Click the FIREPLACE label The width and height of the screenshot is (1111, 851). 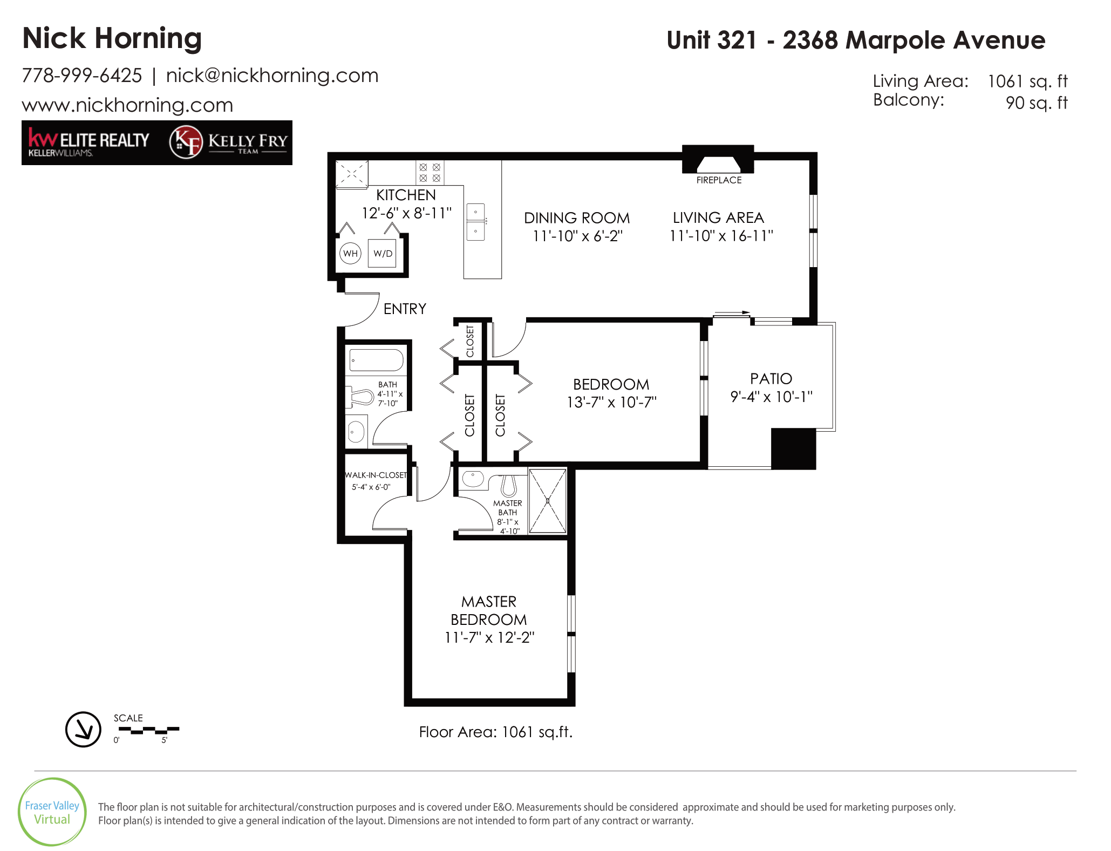coord(719,180)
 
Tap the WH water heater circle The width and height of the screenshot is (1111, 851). coord(350,253)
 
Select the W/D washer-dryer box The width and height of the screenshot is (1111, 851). coord(382,253)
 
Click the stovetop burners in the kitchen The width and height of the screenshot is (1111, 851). coord(430,173)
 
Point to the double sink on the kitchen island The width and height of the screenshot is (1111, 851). coord(475,222)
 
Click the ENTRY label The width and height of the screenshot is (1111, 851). coord(405,309)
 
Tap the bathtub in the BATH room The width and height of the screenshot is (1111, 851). coord(377,360)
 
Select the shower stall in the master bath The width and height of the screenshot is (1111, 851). coord(547,501)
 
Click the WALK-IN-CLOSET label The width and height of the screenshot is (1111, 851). coord(376,475)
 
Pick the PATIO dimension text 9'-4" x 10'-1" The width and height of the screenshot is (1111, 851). coord(771,397)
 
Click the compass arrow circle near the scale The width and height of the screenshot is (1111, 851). coord(83,729)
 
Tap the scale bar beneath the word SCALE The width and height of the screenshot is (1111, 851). coord(149,730)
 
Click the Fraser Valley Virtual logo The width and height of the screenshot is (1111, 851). coord(52,812)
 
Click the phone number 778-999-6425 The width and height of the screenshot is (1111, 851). coord(82,76)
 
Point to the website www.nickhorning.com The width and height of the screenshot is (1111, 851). coord(127,105)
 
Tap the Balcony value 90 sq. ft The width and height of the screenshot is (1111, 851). coord(1037,103)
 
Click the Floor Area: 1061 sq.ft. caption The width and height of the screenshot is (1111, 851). coord(496,732)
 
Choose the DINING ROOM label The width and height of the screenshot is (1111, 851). coord(577,218)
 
